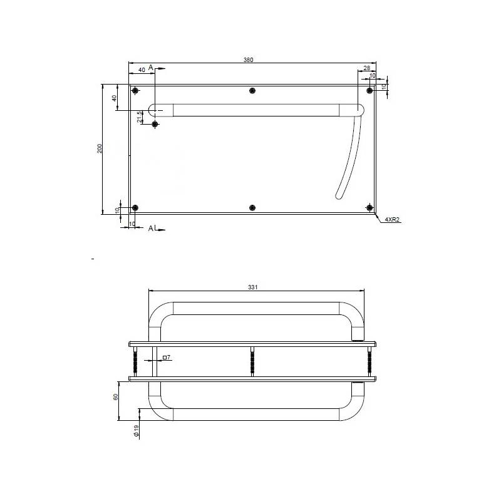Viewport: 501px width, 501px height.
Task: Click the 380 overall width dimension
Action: pos(248,59)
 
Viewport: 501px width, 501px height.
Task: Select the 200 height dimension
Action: pos(100,148)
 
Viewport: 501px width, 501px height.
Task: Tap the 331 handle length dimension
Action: pos(253,287)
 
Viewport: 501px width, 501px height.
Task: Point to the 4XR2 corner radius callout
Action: pos(392,220)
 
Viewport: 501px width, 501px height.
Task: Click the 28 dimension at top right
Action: pos(367,68)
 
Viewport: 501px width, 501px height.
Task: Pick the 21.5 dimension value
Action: pos(140,117)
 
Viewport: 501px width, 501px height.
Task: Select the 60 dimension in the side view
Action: pos(116,397)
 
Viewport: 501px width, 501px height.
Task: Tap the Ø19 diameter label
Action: pos(137,431)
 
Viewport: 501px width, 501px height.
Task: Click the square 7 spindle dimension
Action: pos(167,357)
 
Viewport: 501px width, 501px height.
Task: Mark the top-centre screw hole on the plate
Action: pos(252,91)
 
